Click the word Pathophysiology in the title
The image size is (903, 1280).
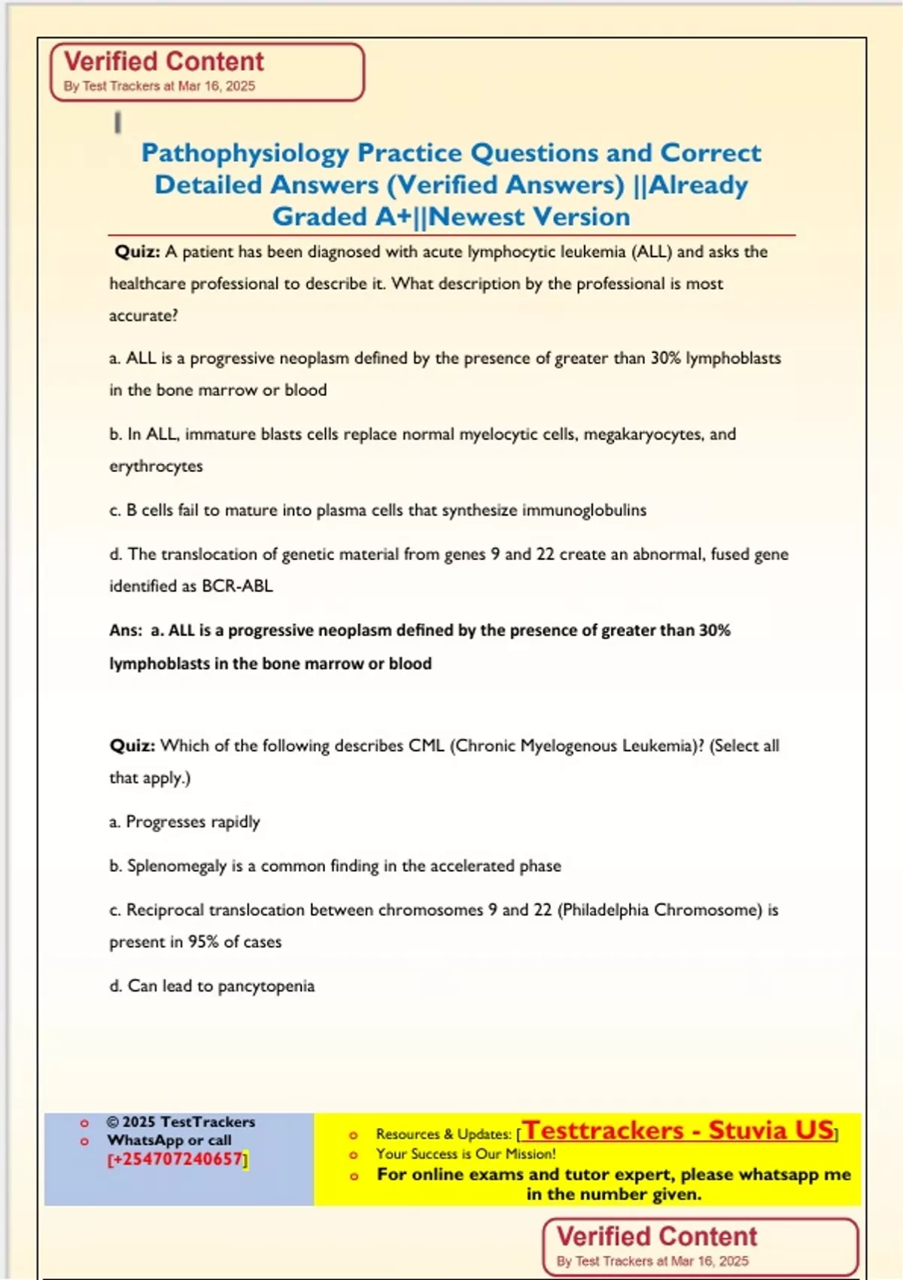coord(245,154)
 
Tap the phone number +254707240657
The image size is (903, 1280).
coord(177,1159)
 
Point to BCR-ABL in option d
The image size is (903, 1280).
coord(237,586)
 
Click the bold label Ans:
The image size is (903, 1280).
coord(125,630)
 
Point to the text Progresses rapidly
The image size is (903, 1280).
coord(193,821)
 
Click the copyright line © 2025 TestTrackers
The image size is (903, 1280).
coord(181,1122)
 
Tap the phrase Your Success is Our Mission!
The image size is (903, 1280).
coord(466,1154)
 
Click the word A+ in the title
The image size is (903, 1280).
coord(394,217)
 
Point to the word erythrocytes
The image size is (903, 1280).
coord(156,466)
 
